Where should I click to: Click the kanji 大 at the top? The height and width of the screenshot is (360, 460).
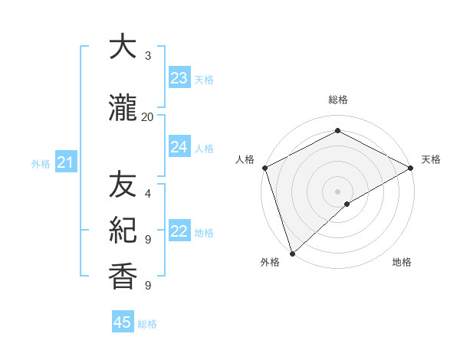(x=123, y=47)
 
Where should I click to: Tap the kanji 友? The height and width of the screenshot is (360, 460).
(x=123, y=185)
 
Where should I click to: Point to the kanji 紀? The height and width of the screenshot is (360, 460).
(x=123, y=230)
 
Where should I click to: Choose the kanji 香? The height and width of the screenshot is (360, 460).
(x=123, y=276)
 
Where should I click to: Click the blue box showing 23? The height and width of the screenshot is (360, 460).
(x=179, y=78)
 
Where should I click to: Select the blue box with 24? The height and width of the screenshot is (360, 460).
(x=179, y=147)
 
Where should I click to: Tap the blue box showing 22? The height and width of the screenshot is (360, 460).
(x=179, y=231)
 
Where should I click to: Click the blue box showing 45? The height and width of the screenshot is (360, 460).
(x=123, y=322)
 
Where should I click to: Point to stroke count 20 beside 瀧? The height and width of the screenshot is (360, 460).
(x=147, y=116)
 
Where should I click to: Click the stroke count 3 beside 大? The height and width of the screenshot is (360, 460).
(x=147, y=56)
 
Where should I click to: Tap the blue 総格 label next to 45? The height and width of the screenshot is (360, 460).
(x=147, y=324)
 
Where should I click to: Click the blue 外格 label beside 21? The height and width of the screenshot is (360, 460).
(x=41, y=163)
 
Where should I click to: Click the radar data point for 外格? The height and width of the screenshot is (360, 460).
(x=292, y=253)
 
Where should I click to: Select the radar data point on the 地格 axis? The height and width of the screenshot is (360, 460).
(x=347, y=203)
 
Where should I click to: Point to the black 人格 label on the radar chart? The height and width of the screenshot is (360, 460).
(x=245, y=159)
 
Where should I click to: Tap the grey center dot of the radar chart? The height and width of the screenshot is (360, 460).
(x=337, y=191)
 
